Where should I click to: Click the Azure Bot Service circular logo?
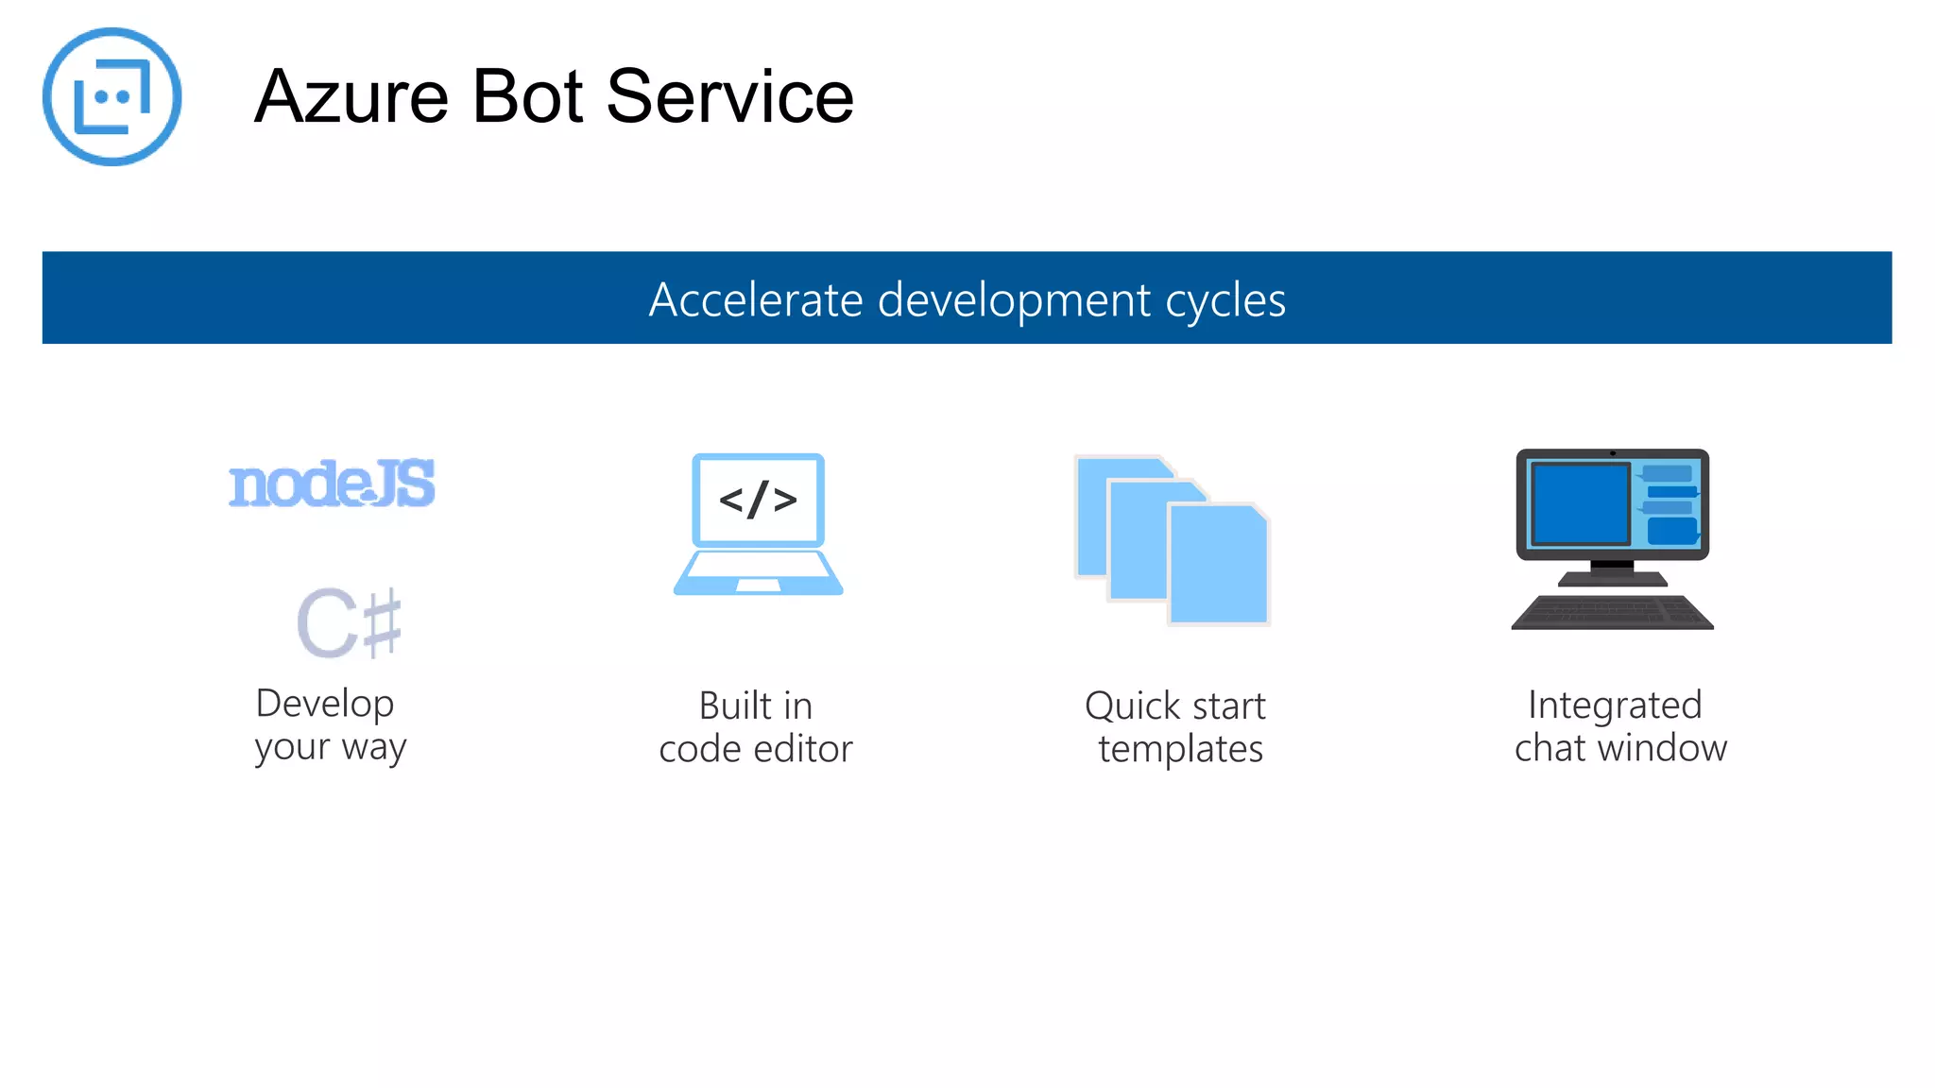click(111, 96)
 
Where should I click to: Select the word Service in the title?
click(729, 96)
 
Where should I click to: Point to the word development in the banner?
click(1014, 299)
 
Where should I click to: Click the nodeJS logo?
click(332, 484)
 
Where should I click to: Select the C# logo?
click(349, 622)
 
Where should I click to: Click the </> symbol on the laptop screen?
click(758, 499)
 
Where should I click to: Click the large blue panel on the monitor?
click(1579, 503)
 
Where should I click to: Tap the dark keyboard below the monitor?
click(1612, 612)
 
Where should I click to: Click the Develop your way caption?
click(330, 724)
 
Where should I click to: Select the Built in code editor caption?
click(756, 726)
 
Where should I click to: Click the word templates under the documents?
click(1180, 749)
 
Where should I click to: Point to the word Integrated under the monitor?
click(1615, 705)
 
